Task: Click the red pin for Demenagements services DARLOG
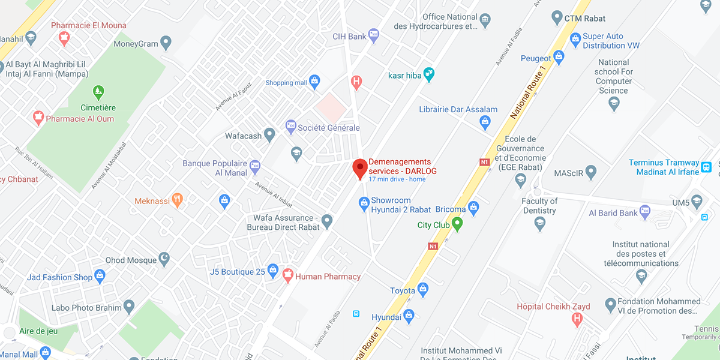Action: (x=359, y=167)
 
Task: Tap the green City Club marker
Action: (x=457, y=224)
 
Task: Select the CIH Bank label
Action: (x=349, y=37)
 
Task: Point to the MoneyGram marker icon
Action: (x=166, y=43)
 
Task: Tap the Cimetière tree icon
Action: (x=98, y=92)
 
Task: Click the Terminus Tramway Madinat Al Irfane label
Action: (x=664, y=167)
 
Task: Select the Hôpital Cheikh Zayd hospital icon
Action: (x=577, y=319)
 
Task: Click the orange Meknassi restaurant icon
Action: (x=176, y=200)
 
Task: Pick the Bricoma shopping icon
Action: (x=473, y=208)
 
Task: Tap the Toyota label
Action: (x=402, y=290)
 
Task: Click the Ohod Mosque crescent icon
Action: (x=163, y=259)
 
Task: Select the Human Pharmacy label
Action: (x=329, y=277)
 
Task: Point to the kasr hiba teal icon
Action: (x=428, y=75)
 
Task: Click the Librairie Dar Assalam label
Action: (x=458, y=109)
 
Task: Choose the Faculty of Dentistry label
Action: (x=539, y=206)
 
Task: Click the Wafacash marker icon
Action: (x=270, y=136)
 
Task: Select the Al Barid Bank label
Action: (x=613, y=213)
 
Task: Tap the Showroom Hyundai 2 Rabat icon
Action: (x=364, y=205)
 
